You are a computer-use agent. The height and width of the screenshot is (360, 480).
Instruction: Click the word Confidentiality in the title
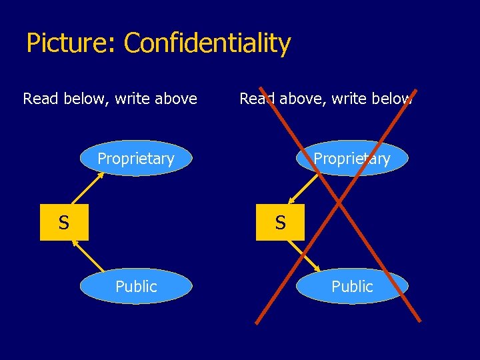tap(207, 44)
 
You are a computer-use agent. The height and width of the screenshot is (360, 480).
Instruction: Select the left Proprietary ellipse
tap(136, 159)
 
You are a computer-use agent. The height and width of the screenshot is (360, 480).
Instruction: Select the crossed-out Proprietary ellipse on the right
tap(352, 159)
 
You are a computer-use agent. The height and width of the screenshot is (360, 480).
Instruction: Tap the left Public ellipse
tap(136, 287)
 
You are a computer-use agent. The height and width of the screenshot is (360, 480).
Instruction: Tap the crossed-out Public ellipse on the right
tap(352, 287)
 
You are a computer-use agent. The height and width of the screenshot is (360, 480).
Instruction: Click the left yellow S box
tap(63, 223)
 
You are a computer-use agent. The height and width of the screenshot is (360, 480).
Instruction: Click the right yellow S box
tap(280, 223)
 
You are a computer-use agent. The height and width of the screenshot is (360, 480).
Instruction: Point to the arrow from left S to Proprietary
tap(87, 189)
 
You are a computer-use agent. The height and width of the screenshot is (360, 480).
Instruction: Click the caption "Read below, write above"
tap(110, 99)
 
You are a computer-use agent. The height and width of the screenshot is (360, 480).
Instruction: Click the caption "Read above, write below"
tap(326, 99)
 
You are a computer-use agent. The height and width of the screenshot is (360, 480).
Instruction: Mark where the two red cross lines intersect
tap(339, 200)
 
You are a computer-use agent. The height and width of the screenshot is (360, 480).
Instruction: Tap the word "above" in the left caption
tap(175, 99)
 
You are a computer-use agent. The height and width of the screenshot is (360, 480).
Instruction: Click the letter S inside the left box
tap(63, 223)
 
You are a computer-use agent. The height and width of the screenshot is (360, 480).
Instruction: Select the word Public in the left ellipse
tap(136, 287)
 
